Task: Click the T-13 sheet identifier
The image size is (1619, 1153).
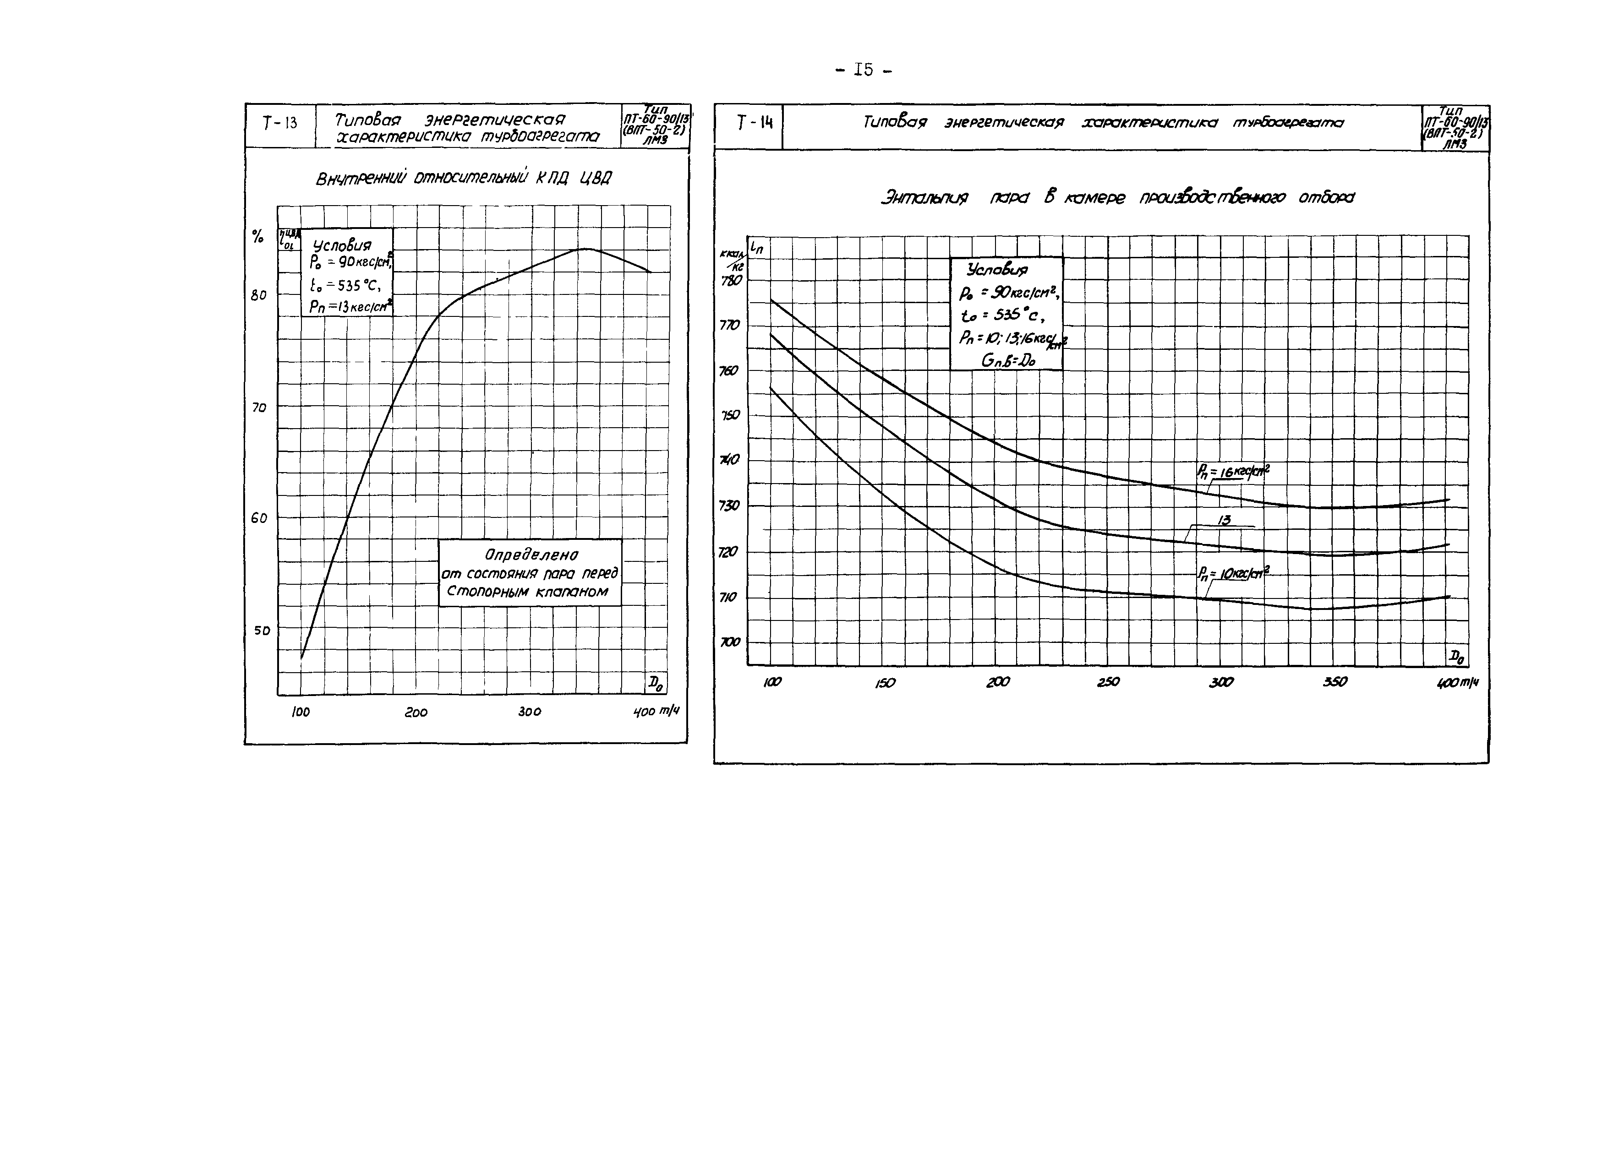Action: click(x=280, y=124)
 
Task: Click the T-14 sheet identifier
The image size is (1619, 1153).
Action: click(x=754, y=124)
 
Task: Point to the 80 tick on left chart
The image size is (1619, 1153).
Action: click(x=258, y=294)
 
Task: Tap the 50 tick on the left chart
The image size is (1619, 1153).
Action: click(x=262, y=630)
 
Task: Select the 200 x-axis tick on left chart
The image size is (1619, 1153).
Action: click(x=416, y=712)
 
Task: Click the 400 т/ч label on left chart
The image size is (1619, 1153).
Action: click(x=655, y=712)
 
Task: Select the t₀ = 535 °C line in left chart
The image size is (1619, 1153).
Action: click(x=346, y=285)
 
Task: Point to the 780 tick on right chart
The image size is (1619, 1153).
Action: click(x=731, y=280)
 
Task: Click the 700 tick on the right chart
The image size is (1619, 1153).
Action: click(x=730, y=642)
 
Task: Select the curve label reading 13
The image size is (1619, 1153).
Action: click(x=1224, y=521)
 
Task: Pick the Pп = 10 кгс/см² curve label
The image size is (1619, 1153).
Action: click(x=1232, y=573)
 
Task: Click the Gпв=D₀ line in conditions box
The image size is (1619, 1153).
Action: click(x=1008, y=361)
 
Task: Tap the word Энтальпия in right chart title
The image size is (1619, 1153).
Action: click(x=924, y=198)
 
